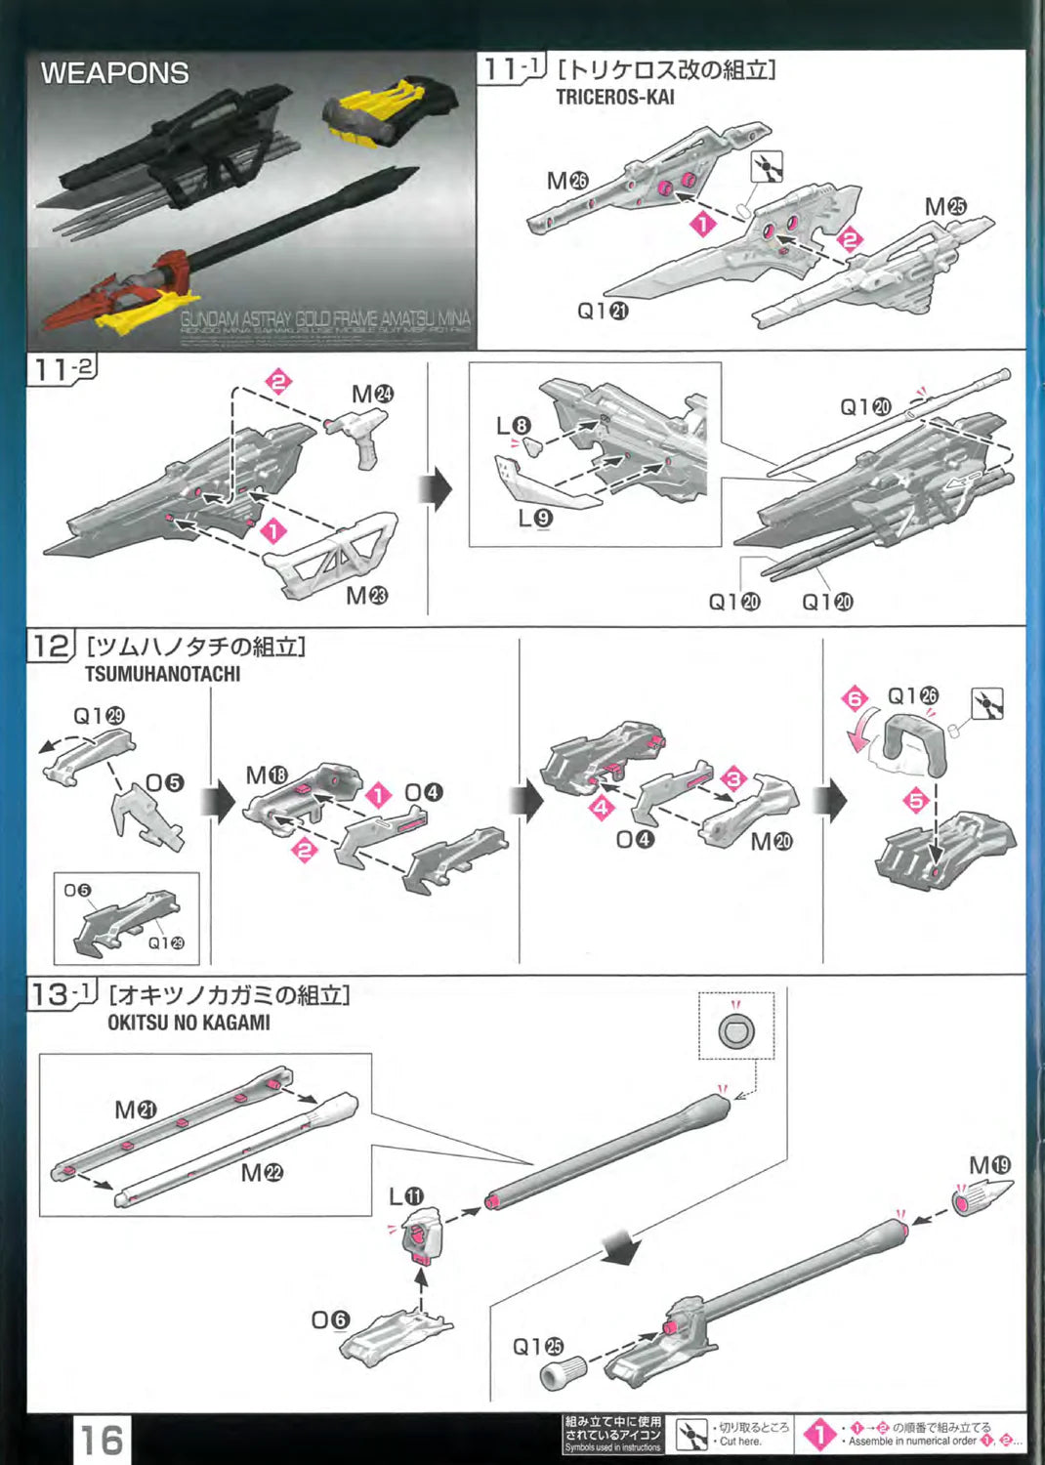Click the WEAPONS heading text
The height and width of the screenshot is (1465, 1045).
click(114, 73)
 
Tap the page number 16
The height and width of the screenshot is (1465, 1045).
click(102, 1441)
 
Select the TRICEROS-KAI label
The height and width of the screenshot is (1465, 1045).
click(614, 97)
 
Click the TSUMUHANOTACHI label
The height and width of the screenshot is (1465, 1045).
click(162, 674)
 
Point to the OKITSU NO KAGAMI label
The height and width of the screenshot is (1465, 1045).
click(188, 1023)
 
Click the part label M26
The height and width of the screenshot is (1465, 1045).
click(567, 181)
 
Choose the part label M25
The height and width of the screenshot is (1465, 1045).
click(944, 207)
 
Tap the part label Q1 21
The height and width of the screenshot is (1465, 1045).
click(603, 311)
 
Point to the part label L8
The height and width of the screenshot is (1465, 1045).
click(513, 426)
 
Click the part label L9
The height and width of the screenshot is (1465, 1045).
click(536, 518)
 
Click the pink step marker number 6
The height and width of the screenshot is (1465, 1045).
click(856, 698)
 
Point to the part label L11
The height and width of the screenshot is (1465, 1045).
click(406, 1196)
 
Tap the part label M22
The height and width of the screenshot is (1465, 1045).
click(262, 1172)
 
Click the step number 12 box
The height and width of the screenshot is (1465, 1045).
click(51, 647)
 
